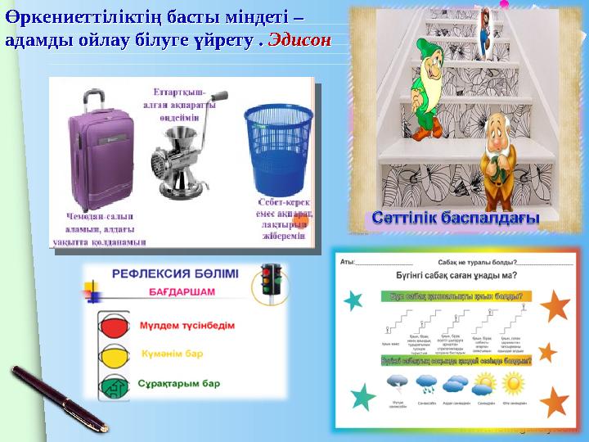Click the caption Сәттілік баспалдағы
(456, 219)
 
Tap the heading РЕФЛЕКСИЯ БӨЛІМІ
(176, 276)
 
